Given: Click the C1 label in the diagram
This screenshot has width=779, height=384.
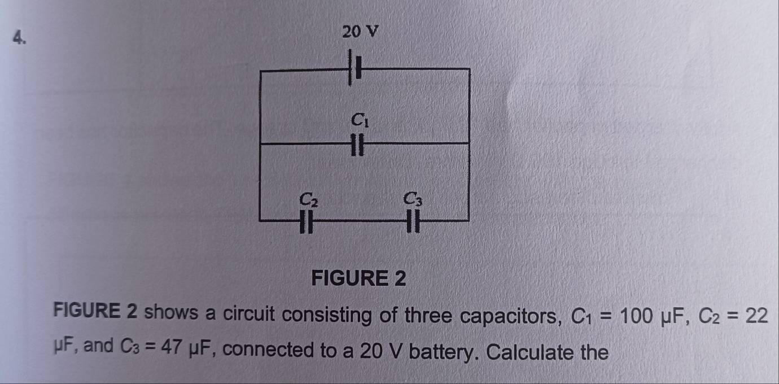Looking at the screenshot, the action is (360, 120).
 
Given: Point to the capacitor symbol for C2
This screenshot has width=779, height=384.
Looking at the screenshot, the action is (306, 221).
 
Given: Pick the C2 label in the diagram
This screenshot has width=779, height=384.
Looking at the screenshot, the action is (309, 199).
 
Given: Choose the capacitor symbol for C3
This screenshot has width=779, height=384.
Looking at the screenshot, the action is (413, 221).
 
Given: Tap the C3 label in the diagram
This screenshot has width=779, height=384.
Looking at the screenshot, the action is (413, 199).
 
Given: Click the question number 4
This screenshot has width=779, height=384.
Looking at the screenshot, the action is (19, 38).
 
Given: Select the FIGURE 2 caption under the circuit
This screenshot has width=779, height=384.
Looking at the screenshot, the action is (358, 278).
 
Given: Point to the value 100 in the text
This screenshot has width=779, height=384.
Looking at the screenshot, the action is (636, 316).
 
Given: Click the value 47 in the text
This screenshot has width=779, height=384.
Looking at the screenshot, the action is (171, 346).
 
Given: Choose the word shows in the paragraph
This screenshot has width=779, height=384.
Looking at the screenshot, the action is (171, 312).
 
